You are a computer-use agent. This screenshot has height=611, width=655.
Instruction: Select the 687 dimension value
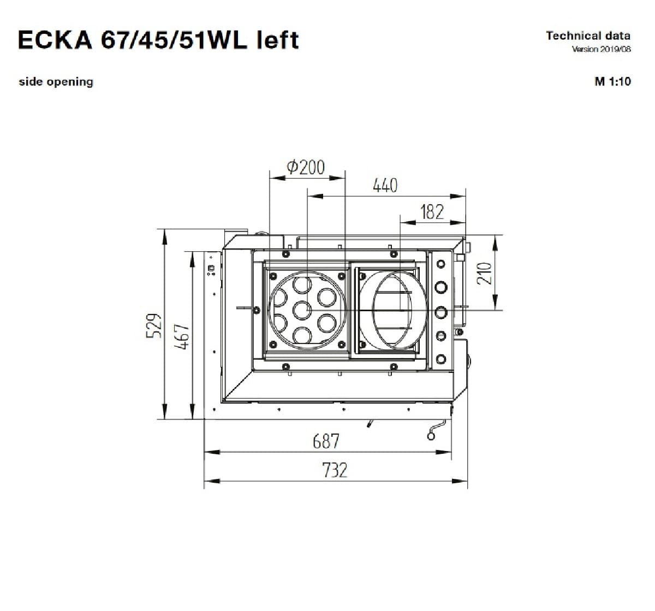(326, 441)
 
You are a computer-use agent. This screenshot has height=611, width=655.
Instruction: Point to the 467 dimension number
(183, 337)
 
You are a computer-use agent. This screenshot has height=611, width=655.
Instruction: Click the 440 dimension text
(385, 186)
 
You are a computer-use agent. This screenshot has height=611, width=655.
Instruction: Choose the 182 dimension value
(432, 212)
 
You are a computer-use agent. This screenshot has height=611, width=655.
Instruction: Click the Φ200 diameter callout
(306, 167)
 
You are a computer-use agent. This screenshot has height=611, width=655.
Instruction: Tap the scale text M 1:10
(612, 82)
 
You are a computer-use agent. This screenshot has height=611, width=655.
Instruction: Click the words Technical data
(588, 36)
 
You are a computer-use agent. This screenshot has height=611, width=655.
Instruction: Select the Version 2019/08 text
(601, 50)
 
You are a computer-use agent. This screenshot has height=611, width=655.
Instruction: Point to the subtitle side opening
(56, 82)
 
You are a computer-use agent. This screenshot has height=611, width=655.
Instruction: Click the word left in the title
(278, 40)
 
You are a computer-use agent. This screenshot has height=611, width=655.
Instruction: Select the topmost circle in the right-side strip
(441, 265)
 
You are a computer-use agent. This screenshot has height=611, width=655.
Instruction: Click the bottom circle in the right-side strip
(441, 359)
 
